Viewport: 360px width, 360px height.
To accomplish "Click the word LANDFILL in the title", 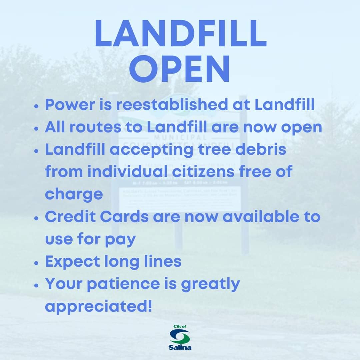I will click(180, 34).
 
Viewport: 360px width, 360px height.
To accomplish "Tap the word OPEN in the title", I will click(180, 70).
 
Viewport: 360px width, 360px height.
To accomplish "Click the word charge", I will click(74, 194).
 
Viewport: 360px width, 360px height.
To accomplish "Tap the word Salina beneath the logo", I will click(180, 348).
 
